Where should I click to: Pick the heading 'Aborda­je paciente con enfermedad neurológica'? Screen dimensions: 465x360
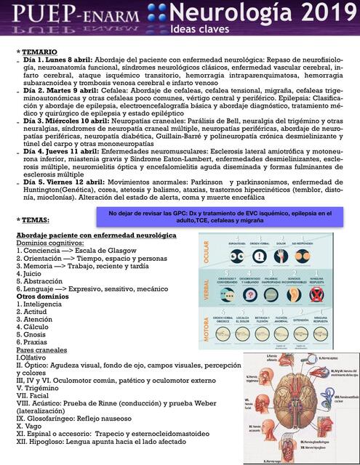click(96, 237)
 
